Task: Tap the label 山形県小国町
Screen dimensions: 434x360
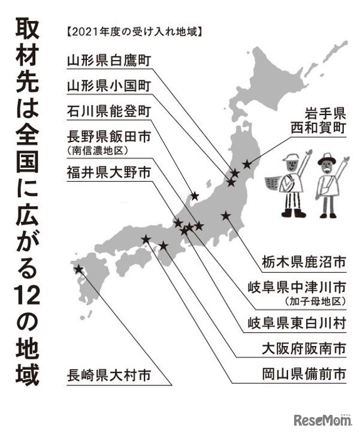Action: point(109,86)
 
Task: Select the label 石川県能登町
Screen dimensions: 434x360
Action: point(109,112)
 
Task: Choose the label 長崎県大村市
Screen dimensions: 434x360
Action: point(109,376)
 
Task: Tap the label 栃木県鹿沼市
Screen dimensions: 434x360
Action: point(296,263)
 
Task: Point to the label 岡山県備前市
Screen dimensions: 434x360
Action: point(296,375)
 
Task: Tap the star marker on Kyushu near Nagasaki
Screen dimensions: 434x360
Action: point(78,269)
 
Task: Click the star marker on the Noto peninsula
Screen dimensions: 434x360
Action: point(194,195)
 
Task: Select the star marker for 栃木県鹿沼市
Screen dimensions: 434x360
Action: point(225,215)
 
